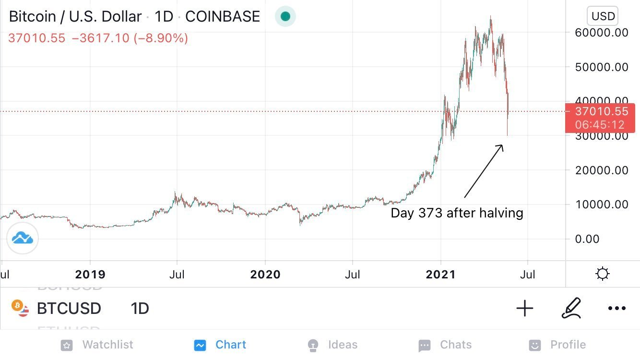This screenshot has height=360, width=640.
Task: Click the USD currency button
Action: [x=603, y=16]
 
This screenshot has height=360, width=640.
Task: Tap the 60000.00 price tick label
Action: [x=601, y=33]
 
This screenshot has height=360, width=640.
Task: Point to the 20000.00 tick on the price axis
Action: [x=601, y=170]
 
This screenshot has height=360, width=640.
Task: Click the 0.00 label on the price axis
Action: [x=587, y=239]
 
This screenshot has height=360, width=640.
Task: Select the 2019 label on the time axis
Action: [x=90, y=275]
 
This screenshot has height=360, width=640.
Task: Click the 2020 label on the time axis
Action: [x=265, y=275]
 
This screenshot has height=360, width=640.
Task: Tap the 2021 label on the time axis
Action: [x=441, y=275]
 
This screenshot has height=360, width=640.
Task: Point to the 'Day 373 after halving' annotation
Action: [x=457, y=213]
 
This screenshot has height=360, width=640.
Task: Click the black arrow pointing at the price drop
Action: [x=484, y=171]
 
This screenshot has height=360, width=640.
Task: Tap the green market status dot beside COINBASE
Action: [x=285, y=16]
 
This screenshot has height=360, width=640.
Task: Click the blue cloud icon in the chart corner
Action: [x=23, y=238]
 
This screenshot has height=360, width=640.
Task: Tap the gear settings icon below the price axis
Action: [x=602, y=274]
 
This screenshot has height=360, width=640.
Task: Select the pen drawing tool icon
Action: [x=571, y=308]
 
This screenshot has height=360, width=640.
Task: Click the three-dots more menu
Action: [x=617, y=308]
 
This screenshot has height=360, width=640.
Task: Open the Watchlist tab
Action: [x=97, y=345]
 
